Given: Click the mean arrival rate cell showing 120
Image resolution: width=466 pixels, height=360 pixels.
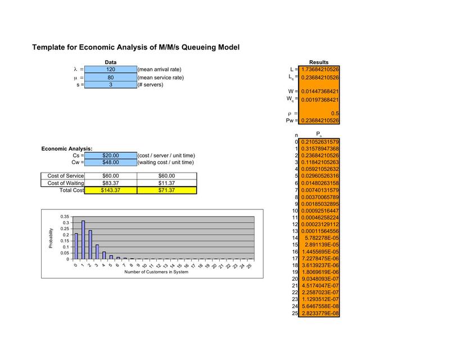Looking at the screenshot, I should coord(111,69).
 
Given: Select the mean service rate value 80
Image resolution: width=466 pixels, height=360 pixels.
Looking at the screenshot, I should coord(111,77).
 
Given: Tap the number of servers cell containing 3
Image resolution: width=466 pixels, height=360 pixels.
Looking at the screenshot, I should coord(111,84).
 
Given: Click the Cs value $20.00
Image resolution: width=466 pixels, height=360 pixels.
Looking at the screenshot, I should coord(111,155).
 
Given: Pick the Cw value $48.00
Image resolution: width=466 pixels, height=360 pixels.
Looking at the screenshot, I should coord(111,162).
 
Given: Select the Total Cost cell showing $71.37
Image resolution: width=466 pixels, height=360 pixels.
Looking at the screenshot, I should coord(166,190).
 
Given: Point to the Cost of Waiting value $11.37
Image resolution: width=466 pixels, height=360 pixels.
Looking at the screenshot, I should coord(166,183).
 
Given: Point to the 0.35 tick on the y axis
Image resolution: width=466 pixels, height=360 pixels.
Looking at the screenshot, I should coord(64,217).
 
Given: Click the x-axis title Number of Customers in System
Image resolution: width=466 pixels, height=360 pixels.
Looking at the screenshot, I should coord(156,272).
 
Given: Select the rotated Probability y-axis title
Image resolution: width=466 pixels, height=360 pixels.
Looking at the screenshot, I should coord(51,238).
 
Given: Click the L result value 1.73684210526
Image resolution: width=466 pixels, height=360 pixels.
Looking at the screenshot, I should coord(320,69).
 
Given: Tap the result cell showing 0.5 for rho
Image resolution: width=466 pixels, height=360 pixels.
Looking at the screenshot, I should coord(320,113).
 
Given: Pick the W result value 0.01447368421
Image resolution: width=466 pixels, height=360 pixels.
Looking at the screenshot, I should coord(320,91).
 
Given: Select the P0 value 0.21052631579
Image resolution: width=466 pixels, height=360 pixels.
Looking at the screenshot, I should coord(320,142).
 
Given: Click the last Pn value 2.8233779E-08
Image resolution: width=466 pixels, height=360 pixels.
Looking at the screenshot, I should coord(320,313).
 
